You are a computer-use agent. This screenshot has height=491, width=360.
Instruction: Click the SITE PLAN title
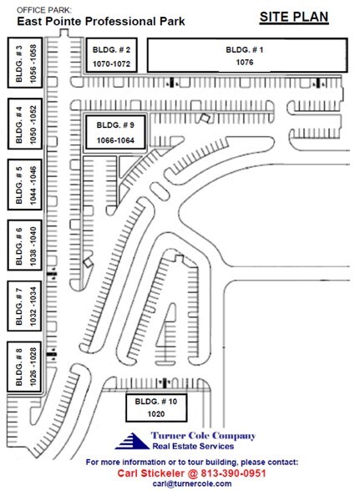[295, 17]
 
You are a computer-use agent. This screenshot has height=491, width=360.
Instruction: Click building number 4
[19, 122]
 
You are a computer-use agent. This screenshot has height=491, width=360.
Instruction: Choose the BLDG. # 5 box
[19, 185]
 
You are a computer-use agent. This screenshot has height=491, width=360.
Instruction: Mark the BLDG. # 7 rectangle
[19, 306]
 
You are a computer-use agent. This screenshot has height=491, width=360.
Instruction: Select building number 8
[19, 367]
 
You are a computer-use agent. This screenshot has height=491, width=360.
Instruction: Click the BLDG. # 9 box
[115, 133]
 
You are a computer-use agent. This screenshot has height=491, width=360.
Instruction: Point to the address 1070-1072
[109, 63]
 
